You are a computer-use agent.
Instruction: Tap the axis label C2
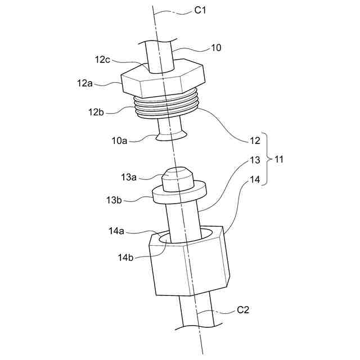(x=243, y=309)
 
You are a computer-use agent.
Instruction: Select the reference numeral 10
(x=215, y=48)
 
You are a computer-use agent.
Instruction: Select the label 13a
(x=129, y=177)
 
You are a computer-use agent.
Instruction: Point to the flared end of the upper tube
(x=172, y=134)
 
